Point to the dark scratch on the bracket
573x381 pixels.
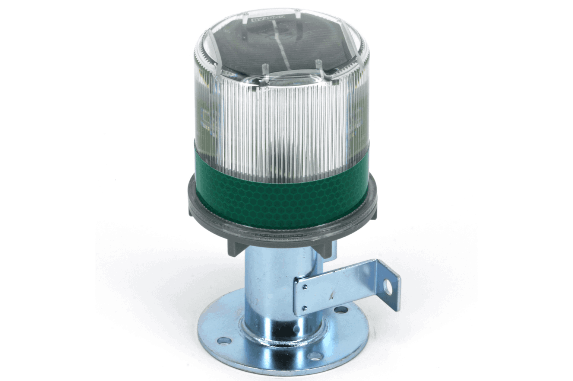point(329,297)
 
